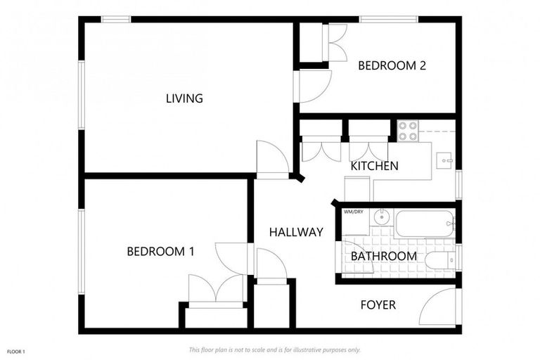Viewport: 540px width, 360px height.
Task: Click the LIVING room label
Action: [x=184, y=98]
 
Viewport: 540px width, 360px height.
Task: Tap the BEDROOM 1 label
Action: [x=160, y=252]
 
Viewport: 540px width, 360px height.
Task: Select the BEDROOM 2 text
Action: [x=392, y=66]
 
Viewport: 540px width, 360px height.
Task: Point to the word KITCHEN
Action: [x=375, y=166]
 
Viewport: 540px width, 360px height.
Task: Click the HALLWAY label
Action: [x=296, y=232]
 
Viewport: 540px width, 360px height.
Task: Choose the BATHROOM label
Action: [x=383, y=256]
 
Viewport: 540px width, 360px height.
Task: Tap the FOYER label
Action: [x=378, y=305]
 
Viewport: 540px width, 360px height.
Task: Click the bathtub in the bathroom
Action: [x=425, y=224]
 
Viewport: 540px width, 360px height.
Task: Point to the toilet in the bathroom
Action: [x=439, y=261]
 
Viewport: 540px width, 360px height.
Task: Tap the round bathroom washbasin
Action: [x=380, y=217]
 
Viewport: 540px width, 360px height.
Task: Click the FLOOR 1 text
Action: [x=15, y=351]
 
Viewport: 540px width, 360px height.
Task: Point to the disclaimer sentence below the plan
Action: [x=274, y=349]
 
